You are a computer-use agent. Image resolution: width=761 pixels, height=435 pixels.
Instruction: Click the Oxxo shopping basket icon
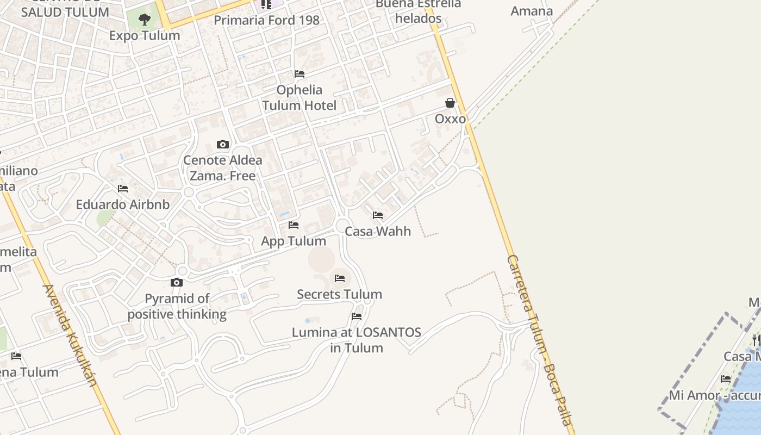(x=450, y=103)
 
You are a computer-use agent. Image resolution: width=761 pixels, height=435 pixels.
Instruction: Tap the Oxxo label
(x=450, y=119)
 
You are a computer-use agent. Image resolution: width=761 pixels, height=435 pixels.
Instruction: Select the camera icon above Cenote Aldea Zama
(x=222, y=144)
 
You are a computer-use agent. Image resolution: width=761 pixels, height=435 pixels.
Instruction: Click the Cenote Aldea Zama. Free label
(x=222, y=168)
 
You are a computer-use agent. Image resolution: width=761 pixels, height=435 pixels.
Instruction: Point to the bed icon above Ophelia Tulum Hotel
(x=299, y=74)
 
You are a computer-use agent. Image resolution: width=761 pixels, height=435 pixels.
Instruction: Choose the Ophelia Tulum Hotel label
(x=300, y=97)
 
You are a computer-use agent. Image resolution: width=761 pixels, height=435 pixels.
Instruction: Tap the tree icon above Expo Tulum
(x=144, y=20)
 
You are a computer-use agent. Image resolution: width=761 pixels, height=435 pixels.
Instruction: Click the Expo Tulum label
(x=144, y=35)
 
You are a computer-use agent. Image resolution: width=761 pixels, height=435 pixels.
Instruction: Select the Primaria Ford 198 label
(x=266, y=20)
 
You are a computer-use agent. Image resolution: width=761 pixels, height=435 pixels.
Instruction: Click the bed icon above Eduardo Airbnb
(x=123, y=189)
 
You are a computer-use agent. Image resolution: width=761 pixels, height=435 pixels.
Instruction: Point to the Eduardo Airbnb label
(x=123, y=204)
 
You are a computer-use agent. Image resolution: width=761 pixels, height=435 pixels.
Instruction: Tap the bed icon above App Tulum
(x=294, y=225)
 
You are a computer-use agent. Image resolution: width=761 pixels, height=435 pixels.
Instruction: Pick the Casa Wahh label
(x=378, y=231)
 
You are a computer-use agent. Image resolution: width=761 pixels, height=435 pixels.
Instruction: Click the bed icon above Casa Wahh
(x=378, y=215)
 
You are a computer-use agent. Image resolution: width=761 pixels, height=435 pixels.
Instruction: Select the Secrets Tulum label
(x=339, y=294)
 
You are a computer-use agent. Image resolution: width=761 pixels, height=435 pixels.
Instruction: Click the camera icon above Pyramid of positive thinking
(x=177, y=282)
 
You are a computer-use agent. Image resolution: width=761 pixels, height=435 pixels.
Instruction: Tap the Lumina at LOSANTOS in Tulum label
(x=357, y=340)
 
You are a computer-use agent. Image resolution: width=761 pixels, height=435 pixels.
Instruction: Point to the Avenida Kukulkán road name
(x=70, y=335)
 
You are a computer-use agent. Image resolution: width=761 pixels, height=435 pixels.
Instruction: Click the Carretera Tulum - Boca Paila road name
(x=539, y=340)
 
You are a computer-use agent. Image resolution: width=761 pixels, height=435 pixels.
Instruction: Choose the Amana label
(x=532, y=11)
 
